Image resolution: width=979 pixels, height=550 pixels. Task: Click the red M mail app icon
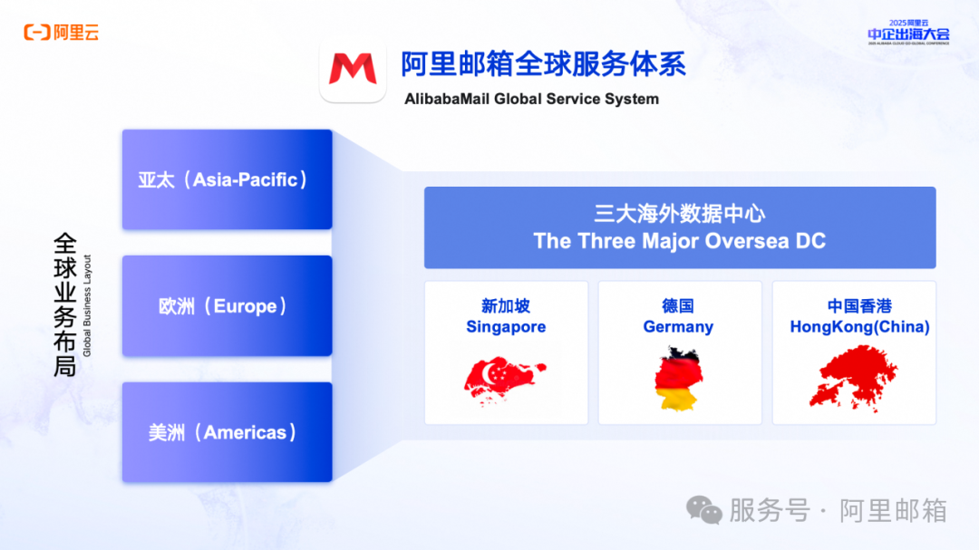(x=353, y=70)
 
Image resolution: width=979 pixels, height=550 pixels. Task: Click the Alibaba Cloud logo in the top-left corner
(x=62, y=33)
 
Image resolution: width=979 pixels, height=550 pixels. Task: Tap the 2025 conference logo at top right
(x=907, y=32)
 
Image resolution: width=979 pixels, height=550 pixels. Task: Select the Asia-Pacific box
(x=227, y=179)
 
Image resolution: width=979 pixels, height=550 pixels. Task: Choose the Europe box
(x=227, y=306)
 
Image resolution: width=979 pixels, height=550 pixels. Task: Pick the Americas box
(x=227, y=432)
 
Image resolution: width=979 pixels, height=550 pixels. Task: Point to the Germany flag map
(x=679, y=378)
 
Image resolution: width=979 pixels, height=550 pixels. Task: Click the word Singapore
(x=506, y=327)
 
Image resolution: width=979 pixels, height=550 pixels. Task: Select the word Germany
(x=678, y=327)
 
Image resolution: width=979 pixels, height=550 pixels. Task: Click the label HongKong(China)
(x=859, y=327)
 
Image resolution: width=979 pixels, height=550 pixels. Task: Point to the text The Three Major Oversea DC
(x=679, y=241)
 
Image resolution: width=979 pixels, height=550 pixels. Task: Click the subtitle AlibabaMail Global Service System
(x=531, y=99)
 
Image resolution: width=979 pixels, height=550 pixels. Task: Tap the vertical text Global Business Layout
(x=88, y=305)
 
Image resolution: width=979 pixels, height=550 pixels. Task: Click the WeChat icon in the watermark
(x=704, y=510)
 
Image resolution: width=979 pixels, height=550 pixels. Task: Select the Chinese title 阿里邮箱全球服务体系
(x=543, y=64)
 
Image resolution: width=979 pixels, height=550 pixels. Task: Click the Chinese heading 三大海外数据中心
(x=679, y=214)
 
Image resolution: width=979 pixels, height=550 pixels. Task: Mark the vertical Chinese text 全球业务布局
(x=64, y=305)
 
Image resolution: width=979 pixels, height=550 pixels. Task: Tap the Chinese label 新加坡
(x=506, y=307)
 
